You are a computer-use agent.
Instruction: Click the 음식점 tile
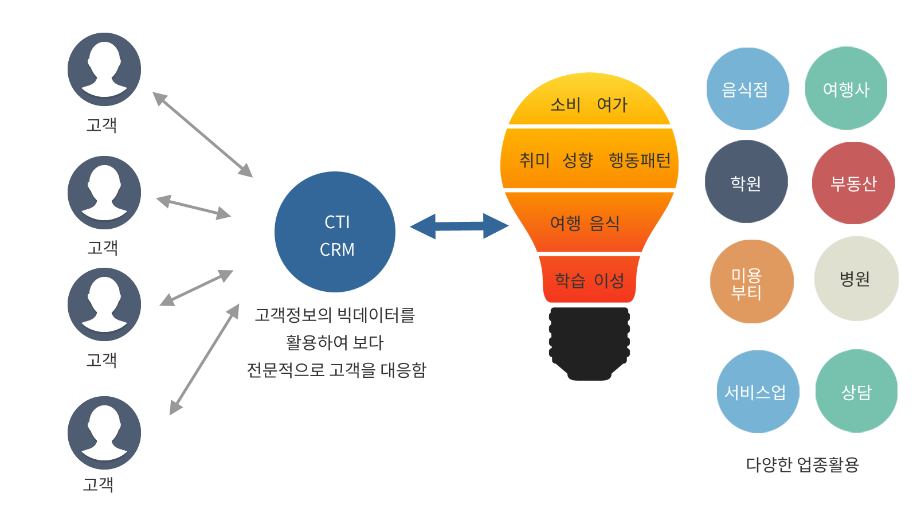(x=747, y=89)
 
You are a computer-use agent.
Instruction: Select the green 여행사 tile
(x=846, y=89)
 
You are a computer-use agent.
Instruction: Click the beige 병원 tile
(x=856, y=279)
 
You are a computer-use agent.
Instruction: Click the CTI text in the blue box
(x=337, y=222)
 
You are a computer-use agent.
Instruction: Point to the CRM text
(x=337, y=249)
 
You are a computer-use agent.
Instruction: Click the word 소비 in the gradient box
(x=565, y=104)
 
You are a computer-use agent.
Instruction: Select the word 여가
(x=612, y=104)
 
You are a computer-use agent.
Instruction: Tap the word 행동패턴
(x=640, y=160)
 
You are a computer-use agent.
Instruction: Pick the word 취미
(x=534, y=160)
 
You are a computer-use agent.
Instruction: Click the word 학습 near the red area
(x=570, y=280)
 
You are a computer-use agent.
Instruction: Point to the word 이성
(x=609, y=280)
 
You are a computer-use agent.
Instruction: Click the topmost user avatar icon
(x=104, y=69)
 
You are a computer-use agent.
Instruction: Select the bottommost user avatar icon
(x=104, y=433)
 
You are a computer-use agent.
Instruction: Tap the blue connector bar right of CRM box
(x=458, y=226)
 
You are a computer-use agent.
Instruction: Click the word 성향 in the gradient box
(x=578, y=160)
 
